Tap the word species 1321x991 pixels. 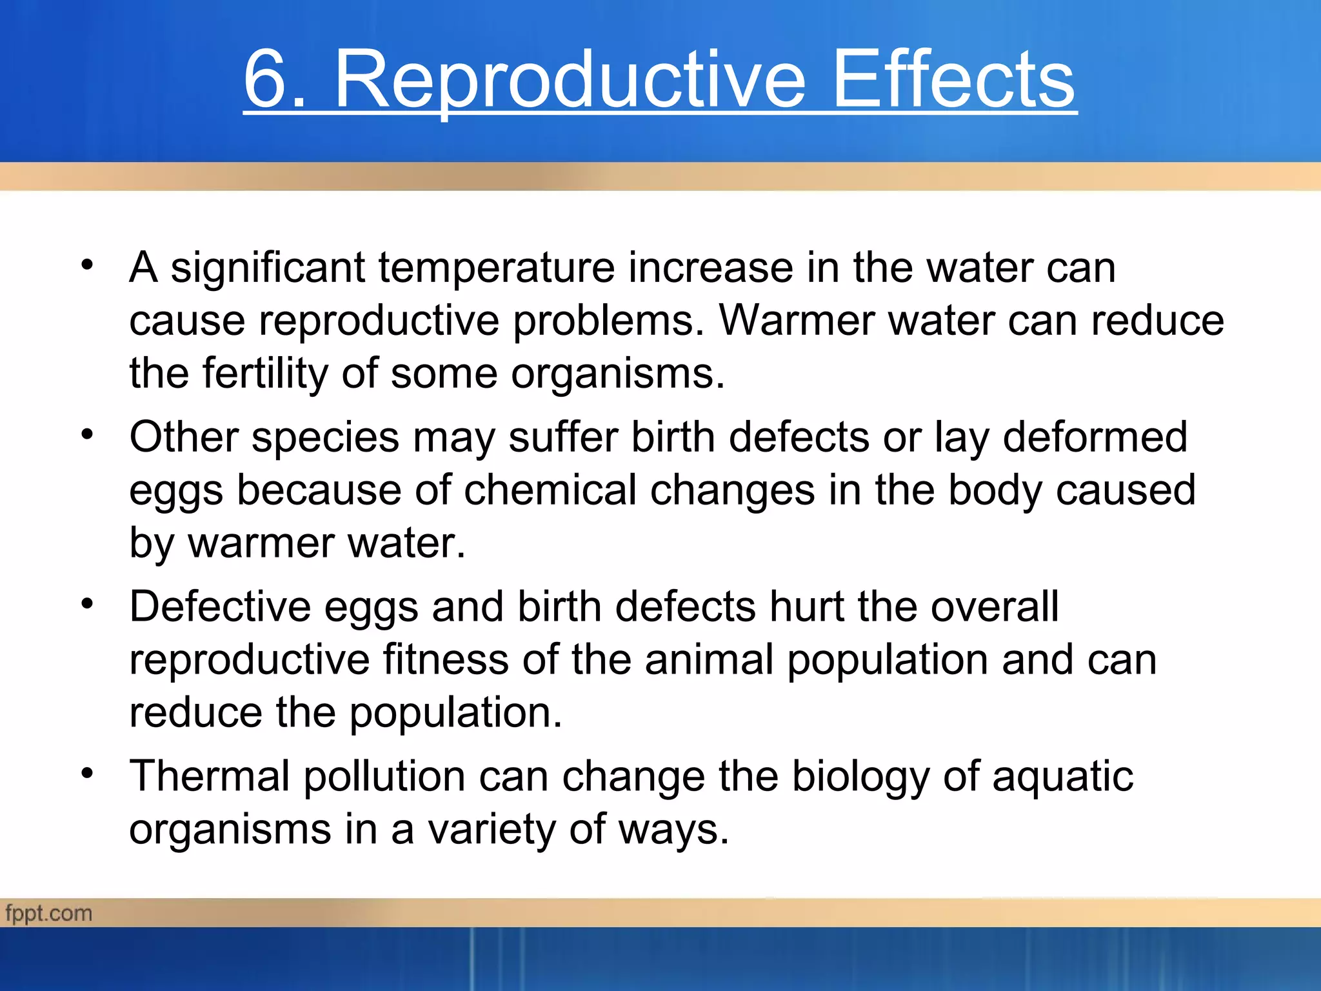tap(325, 438)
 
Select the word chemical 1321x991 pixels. tap(550, 490)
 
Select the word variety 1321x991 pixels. tap(492, 830)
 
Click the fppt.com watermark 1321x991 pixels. tap(49, 914)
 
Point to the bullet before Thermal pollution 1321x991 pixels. tap(88, 772)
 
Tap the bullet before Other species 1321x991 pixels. tap(88, 434)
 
